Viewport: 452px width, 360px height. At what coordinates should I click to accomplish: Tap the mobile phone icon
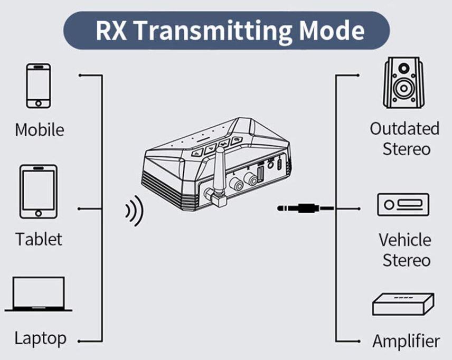39,86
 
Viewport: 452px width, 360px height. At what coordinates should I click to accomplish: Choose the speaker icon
403,83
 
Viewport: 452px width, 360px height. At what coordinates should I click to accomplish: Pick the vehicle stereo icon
403,204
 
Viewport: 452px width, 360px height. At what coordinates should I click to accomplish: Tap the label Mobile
40,130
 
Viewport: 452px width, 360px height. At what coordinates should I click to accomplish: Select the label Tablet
39,239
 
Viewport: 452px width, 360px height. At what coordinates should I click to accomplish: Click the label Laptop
40,338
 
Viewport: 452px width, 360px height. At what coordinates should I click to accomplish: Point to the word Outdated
404,129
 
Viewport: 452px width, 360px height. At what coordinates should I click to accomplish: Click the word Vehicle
404,240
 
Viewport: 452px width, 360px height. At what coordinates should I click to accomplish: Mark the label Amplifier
406,340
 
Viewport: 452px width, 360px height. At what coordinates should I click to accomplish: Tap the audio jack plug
296,209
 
